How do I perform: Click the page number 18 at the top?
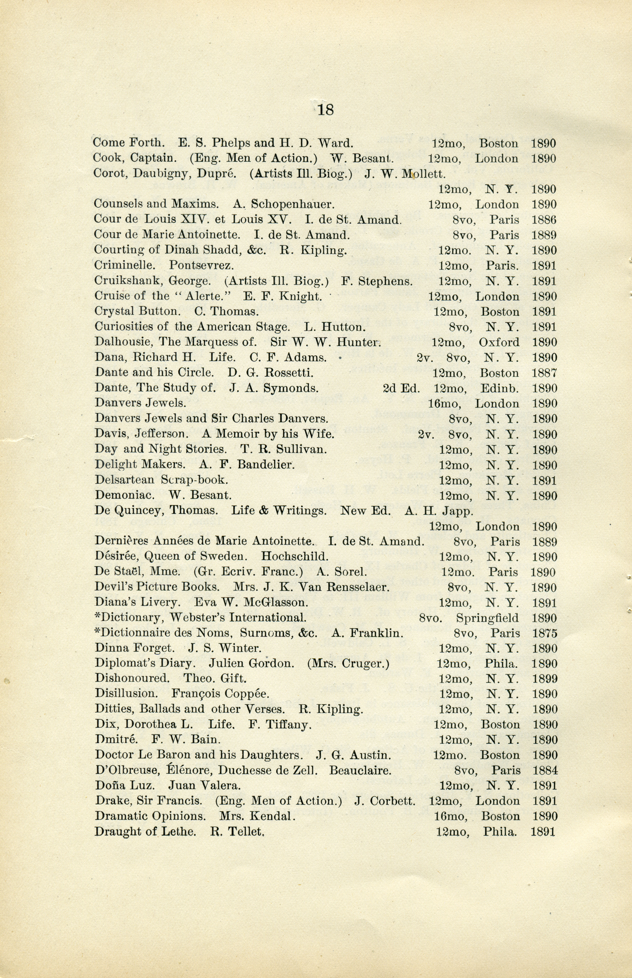(x=325, y=110)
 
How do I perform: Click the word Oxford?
(x=499, y=342)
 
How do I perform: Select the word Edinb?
(x=499, y=388)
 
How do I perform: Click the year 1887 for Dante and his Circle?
(x=544, y=373)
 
